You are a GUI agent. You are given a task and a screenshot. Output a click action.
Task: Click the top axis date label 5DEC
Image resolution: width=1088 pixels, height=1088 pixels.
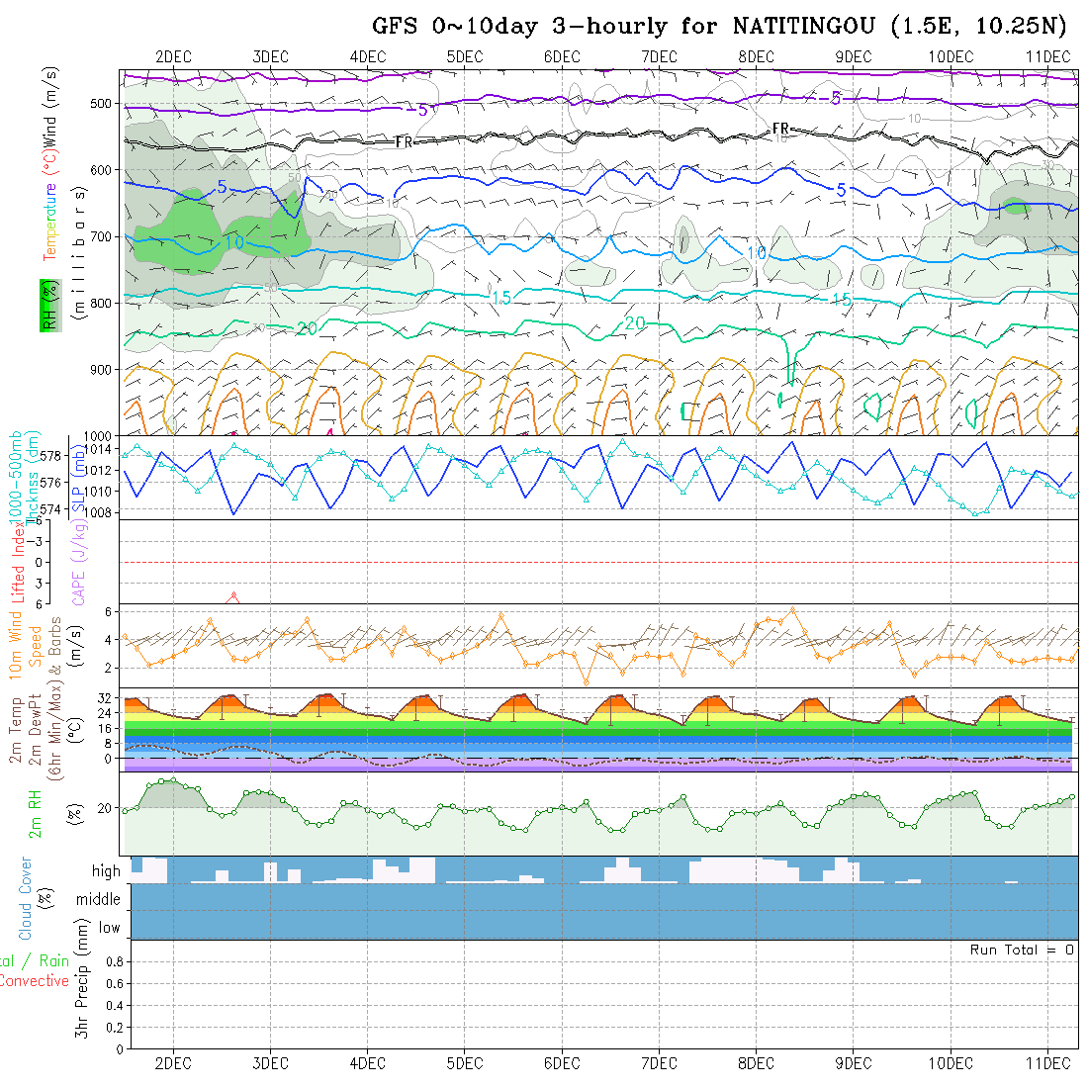464,56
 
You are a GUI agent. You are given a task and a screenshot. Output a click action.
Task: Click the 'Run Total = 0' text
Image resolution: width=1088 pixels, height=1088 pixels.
1022,950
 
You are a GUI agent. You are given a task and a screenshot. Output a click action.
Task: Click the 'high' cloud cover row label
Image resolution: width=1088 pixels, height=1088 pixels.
106,871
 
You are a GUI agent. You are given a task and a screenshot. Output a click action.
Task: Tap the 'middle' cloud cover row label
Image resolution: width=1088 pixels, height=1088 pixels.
98,899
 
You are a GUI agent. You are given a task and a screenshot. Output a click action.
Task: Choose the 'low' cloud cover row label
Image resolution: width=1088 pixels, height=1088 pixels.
109,928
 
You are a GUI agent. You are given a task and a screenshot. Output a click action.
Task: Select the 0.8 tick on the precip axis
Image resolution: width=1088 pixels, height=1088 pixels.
113,961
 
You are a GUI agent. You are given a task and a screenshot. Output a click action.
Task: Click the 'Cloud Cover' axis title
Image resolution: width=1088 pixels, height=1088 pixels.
26,898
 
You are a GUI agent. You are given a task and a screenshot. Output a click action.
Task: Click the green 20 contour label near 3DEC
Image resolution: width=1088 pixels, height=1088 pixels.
307,328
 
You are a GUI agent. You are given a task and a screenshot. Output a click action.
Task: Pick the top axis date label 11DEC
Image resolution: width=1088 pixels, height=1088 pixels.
1048,56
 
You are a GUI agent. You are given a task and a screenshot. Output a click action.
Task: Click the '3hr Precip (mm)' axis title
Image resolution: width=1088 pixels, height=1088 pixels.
84,989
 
